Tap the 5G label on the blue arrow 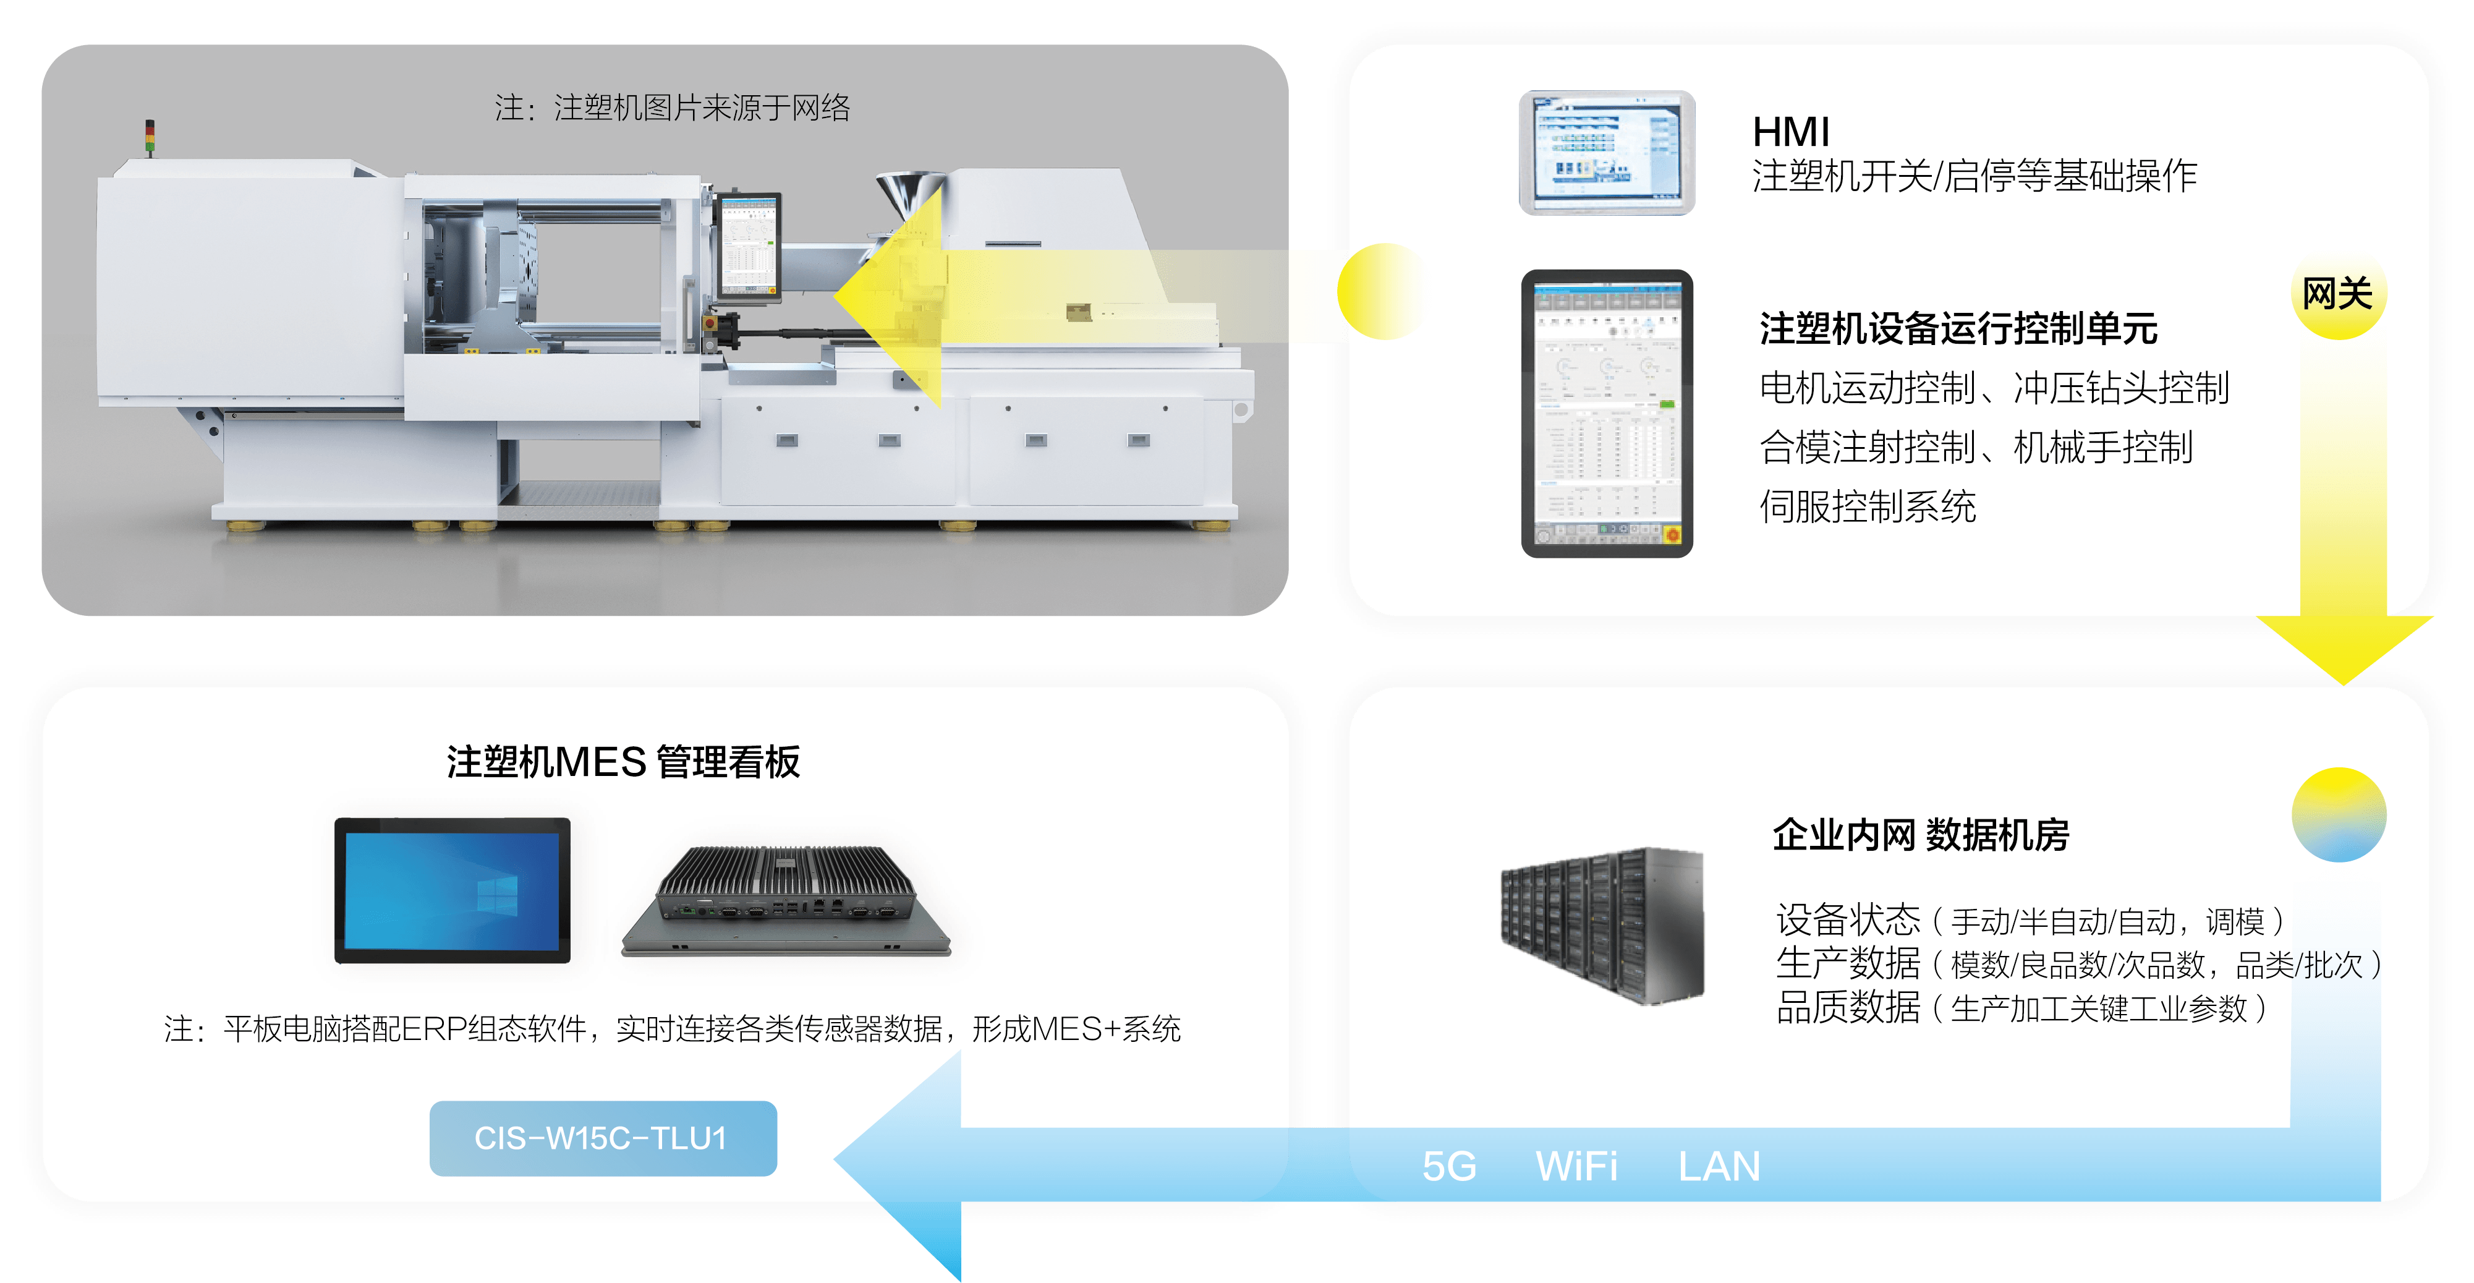coord(1449,1166)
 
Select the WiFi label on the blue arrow coord(1576,1166)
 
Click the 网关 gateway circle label coord(2337,294)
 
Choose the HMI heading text coord(1791,132)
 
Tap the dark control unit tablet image coord(1607,414)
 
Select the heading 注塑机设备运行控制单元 coord(1958,328)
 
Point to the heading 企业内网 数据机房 coord(1920,835)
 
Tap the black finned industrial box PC coord(786,900)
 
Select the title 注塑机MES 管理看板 coord(623,762)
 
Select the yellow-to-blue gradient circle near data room coord(2339,814)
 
